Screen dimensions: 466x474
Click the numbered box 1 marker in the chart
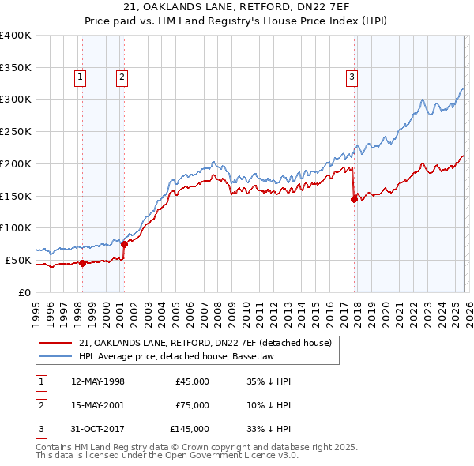81,77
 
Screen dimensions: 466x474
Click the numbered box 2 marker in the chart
122,77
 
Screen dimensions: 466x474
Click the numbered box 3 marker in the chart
351,77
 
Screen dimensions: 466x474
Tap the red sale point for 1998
82,264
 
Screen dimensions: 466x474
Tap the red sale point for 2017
354,199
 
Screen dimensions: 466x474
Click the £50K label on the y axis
18,260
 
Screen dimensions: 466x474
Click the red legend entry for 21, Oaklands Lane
209,343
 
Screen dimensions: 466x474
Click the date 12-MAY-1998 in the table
98,381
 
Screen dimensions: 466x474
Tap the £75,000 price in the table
192,405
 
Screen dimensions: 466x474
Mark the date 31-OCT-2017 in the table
98,429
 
